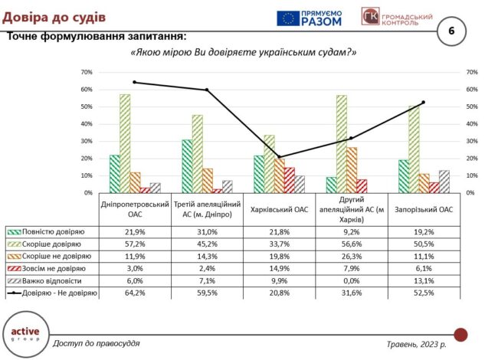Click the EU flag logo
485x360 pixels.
(289, 18)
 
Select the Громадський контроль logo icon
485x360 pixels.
(369, 18)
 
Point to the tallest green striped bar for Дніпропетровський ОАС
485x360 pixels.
(125, 143)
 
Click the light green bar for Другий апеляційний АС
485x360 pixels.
(342, 144)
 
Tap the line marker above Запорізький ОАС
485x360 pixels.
(423, 102)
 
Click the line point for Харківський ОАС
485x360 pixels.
(279, 157)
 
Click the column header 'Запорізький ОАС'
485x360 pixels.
(423, 208)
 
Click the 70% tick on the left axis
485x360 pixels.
(86, 72)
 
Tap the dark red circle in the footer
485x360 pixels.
(460, 334)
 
